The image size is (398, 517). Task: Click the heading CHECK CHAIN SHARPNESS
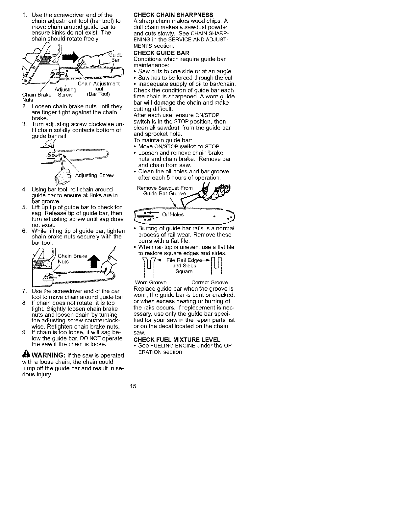173,15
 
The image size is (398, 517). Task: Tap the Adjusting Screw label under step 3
94,176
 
